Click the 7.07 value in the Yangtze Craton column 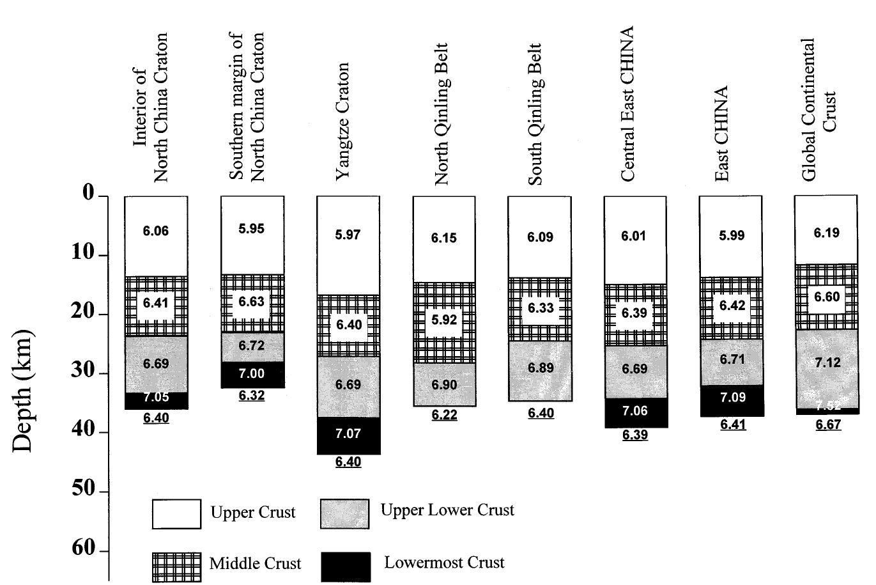348,433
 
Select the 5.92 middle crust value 443,320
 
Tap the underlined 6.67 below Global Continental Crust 828,425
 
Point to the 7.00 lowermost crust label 252,373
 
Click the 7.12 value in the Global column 827,363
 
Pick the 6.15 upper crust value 443,238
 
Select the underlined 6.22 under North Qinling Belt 444,416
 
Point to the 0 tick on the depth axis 88,193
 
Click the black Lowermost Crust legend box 345,566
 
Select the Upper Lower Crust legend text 447,510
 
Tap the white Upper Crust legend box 176,514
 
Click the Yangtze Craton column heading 344,121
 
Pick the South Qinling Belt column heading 535,114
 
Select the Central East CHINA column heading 627,104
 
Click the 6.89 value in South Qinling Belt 540,368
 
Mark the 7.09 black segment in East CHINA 732,398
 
